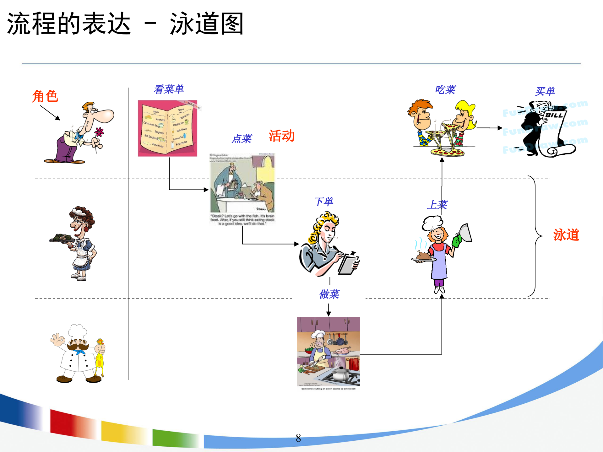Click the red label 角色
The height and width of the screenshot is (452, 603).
click(x=45, y=96)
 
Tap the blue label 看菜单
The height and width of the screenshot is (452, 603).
click(x=169, y=89)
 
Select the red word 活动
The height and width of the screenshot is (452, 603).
click(x=281, y=136)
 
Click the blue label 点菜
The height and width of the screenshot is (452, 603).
click(x=242, y=138)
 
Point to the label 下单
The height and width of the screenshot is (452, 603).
click(x=324, y=202)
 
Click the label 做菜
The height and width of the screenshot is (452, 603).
click(x=329, y=294)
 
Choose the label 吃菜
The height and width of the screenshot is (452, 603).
click(x=445, y=90)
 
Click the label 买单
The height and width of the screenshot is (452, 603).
click(x=545, y=91)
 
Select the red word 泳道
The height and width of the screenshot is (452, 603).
click(x=566, y=235)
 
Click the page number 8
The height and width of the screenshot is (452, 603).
click(x=298, y=438)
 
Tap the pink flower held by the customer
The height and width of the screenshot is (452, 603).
click(x=100, y=132)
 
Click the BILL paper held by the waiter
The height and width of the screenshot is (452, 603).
click(x=554, y=126)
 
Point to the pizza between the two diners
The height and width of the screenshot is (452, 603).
click(x=448, y=152)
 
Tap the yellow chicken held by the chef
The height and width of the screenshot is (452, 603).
click(x=100, y=358)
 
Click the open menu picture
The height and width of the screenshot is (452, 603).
click(x=167, y=128)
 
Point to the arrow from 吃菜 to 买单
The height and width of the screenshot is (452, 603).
click(x=489, y=128)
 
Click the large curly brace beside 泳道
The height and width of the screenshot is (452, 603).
click(x=535, y=235)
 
